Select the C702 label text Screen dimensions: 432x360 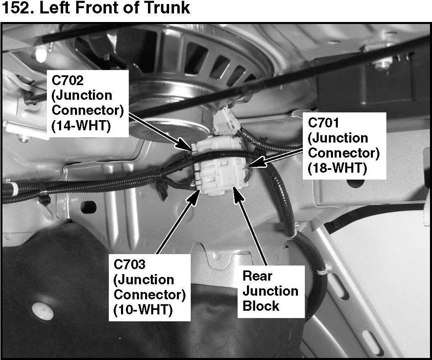[x=68, y=80]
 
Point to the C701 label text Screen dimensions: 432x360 [x=324, y=123]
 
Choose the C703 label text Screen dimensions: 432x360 [x=130, y=264]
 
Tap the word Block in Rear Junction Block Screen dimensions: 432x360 [x=261, y=306]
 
